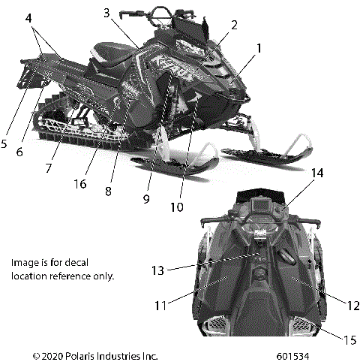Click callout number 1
click(258, 48)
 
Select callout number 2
click(234, 25)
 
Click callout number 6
click(19, 152)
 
